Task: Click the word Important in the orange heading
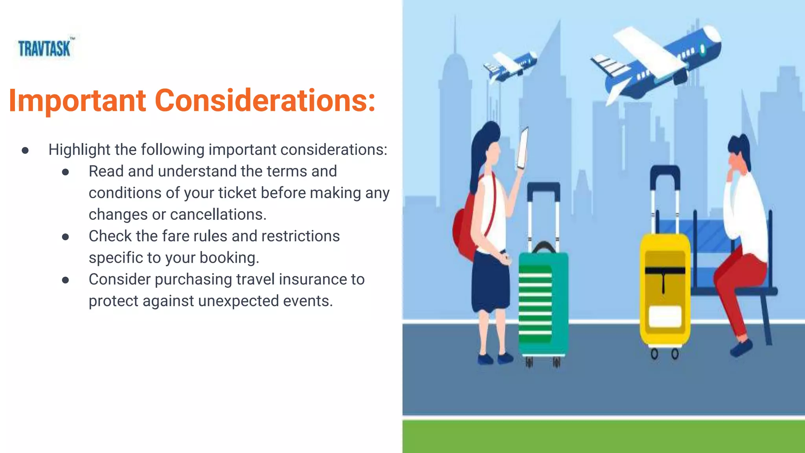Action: pyautogui.click(x=77, y=101)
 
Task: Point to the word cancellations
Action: pyautogui.click(x=218, y=215)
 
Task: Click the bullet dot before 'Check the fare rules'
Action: pyautogui.click(x=66, y=237)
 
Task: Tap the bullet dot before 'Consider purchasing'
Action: pyautogui.click(x=66, y=280)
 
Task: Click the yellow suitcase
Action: pyautogui.click(x=664, y=291)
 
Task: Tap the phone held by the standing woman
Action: pyautogui.click(x=523, y=147)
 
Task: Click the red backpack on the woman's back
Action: pyautogui.click(x=464, y=232)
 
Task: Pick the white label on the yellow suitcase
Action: pyautogui.click(x=665, y=317)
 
